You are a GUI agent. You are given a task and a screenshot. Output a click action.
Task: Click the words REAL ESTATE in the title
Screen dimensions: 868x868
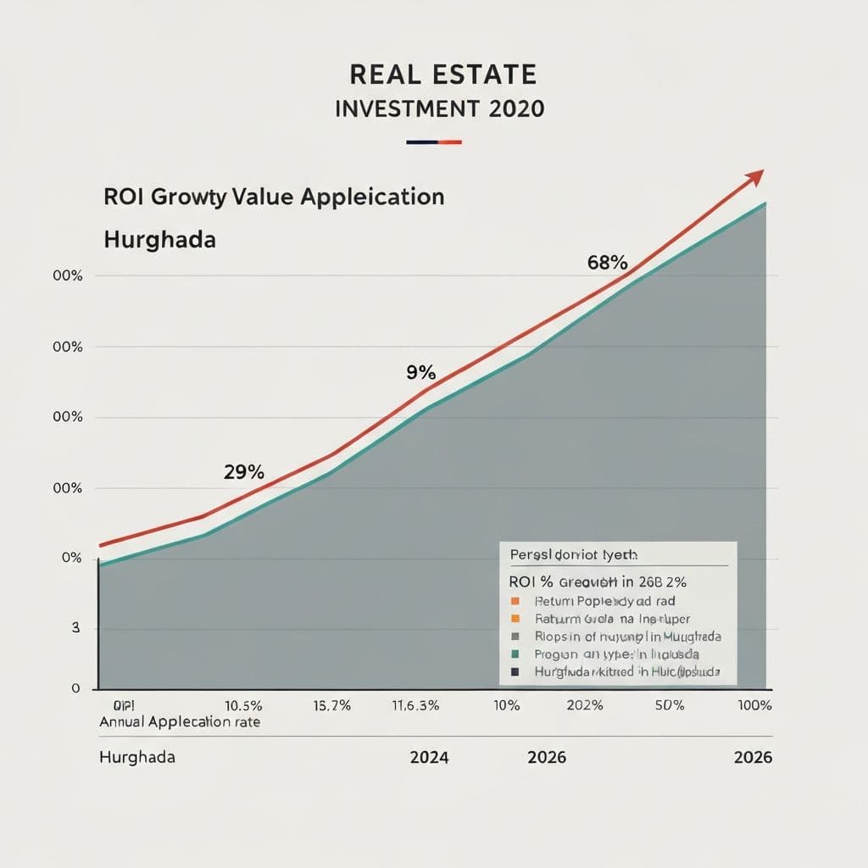pyautogui.click(x=442, y=75)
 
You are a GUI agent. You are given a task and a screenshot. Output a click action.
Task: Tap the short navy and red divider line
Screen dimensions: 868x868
pyautogui.click(x=433, y=142)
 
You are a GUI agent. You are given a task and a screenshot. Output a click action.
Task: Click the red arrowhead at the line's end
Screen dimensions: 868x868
pyautogui.click(x=754, y=176)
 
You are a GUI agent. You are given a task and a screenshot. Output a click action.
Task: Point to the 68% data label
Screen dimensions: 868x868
pyautogui.click(x=606, y=263)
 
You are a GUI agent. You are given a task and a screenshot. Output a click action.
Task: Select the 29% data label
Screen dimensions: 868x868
pyautogui.click(x=244, y=472)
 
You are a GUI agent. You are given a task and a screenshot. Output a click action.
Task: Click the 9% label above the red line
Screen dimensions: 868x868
pyautogui.click(x=420, y=372)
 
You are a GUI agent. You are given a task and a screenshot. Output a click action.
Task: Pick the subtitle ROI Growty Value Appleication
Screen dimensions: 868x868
pyautogui.click(x=274, y=197)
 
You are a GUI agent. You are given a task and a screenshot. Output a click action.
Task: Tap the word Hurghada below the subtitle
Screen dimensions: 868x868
pyautogui.click(x=159, y=239)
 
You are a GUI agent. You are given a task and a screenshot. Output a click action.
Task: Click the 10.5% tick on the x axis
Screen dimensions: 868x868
pyautogui.click(x=243, y=706)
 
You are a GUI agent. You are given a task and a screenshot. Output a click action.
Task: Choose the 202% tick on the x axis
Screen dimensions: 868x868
pyautogui.click(x=585, y=706)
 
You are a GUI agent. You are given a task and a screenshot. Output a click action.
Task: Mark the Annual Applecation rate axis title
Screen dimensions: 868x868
pyautogui.click(x=180, y=722)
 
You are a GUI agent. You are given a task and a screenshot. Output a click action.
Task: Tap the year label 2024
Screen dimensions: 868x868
pyautogui.click(x=429, y=757)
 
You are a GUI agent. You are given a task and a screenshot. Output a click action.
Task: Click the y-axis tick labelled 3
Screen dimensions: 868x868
pyautogui.click(x=75, y=628)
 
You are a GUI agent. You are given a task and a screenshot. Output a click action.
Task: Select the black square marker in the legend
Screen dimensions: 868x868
pyautogui.click(x=515, y=671)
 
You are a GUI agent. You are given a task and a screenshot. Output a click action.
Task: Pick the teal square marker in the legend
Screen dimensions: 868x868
pyautogui.click(x=515, y=654)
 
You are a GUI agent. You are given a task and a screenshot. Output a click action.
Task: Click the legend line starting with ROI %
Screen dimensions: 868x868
pyautogui.click(x=597, y=582)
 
